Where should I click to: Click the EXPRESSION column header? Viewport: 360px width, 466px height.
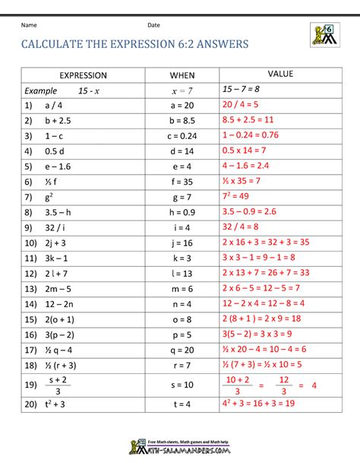84,75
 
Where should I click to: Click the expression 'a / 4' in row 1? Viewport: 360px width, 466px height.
53,105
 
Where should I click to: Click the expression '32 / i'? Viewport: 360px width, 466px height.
56,226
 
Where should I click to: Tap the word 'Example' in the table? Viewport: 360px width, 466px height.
40,90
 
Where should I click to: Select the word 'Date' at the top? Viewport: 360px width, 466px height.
153,26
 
